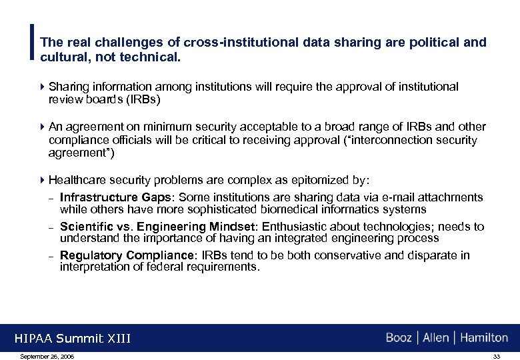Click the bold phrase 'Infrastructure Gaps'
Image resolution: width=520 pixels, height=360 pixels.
point(115,197)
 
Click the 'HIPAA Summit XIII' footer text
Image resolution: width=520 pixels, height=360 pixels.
point(73,339)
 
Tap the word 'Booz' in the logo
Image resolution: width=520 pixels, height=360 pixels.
point(399,338)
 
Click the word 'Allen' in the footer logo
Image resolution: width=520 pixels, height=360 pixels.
point(435,338)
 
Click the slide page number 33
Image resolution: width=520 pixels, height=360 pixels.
point(496,357)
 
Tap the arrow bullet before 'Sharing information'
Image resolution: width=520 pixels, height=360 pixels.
point(43,87)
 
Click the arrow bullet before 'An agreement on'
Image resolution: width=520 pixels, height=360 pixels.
point(43,127)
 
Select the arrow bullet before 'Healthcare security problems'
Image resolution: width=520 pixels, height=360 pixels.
point(43,180)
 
